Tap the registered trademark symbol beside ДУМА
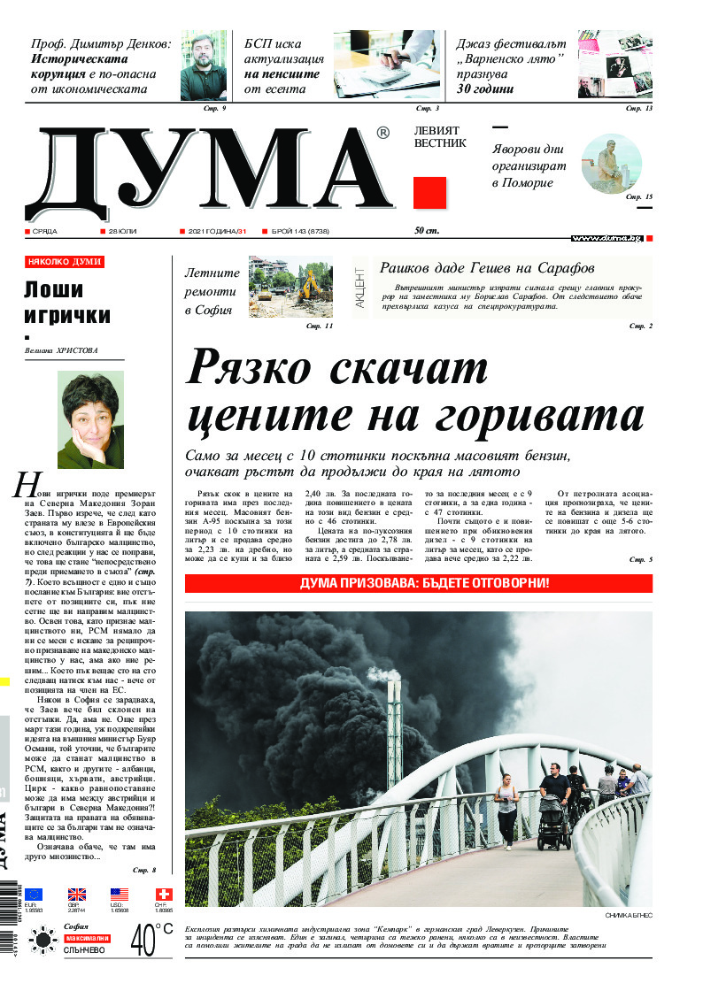click(x=382, y=134)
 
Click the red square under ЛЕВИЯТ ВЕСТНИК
click(x=429, y=193)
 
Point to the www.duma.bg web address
click(x=606, y=238)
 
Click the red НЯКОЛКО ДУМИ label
click(x=65, y=262)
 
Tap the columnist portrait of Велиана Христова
click(x=89, y=419)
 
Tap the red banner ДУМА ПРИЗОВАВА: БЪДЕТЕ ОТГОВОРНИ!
click(x=419, y=584)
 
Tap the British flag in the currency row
click(x=77, y=894)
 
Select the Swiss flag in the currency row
click(x=164, y=894)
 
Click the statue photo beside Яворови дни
click(x=611, y=163)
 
